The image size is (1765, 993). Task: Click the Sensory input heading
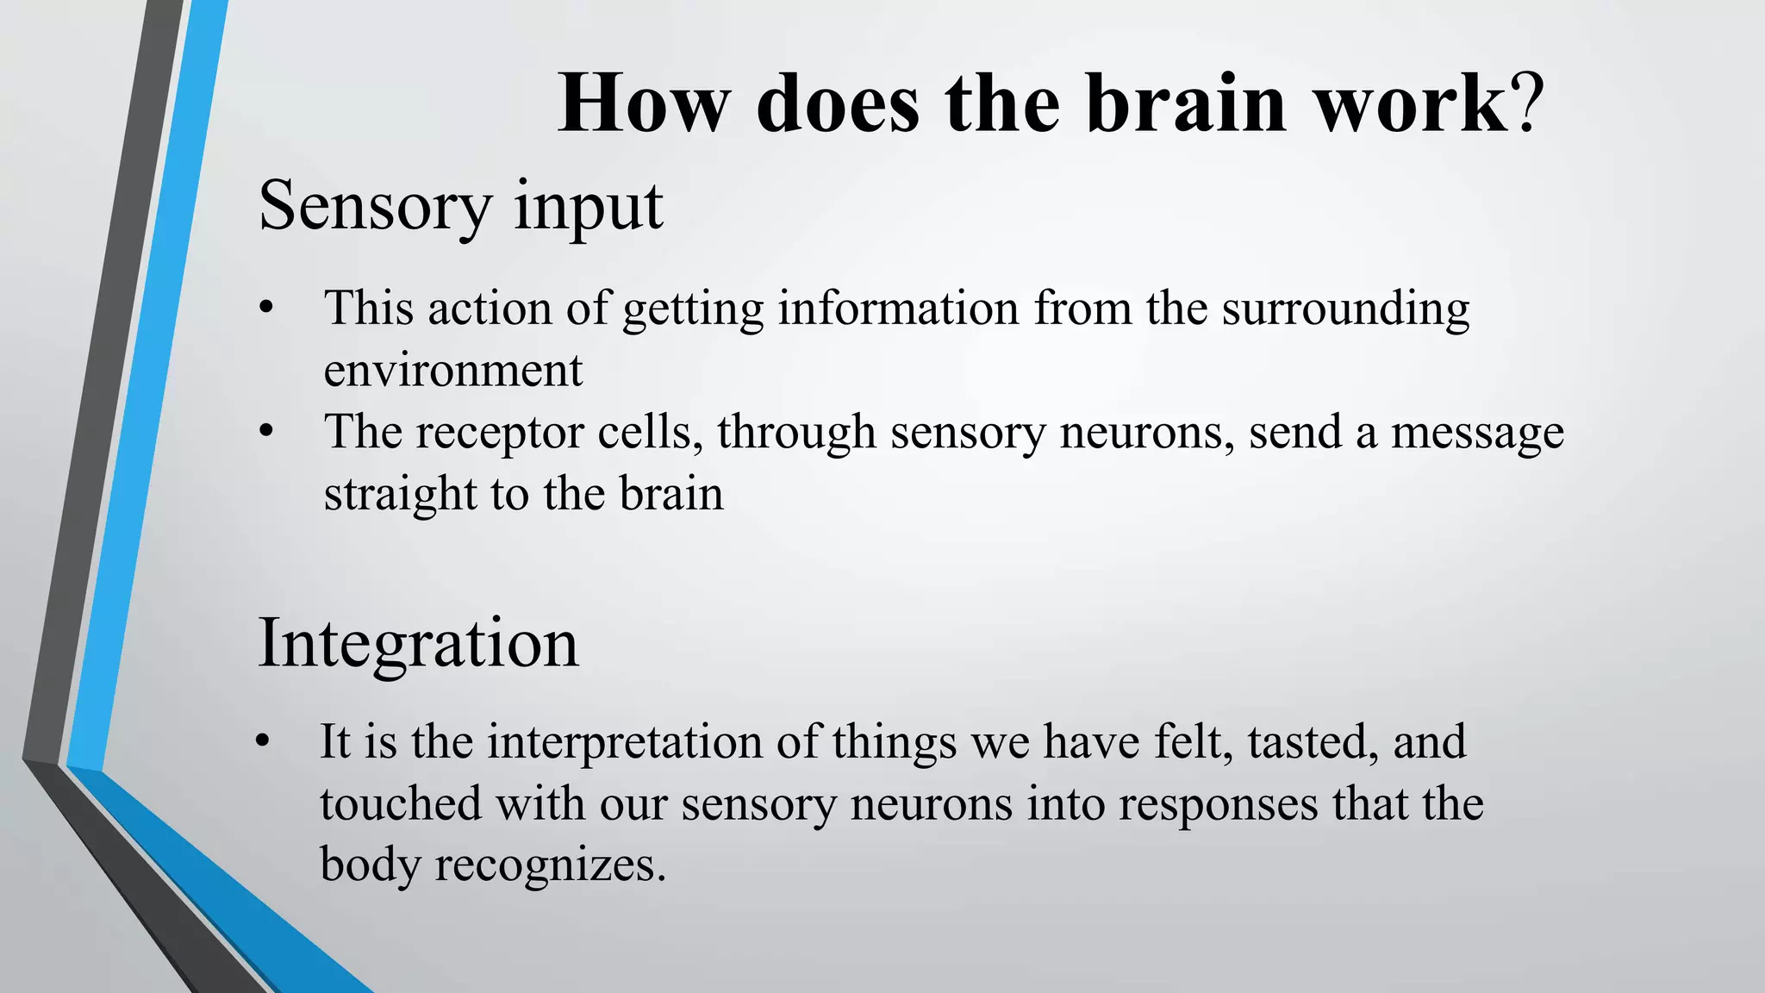point(460,207)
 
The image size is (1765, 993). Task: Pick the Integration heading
point(418,644)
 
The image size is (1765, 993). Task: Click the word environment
point(453,371)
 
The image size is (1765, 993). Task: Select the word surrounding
point(1345,309)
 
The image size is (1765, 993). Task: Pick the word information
point(898,309)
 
